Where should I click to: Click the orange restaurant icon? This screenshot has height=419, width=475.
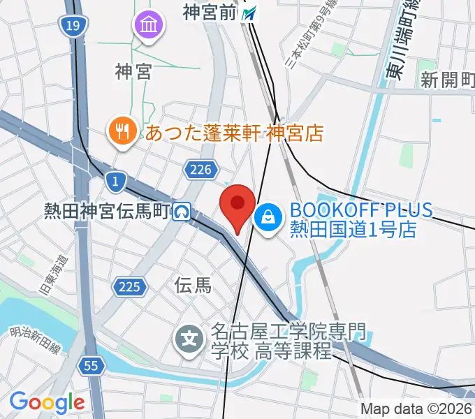pos(123,131)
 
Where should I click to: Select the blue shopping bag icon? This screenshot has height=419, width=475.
pos(268,218)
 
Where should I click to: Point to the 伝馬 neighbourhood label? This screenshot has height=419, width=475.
pos(193,284)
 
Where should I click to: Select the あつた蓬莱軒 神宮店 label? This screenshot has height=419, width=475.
pos(234,133)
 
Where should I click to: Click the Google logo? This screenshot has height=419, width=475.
pos(47,402)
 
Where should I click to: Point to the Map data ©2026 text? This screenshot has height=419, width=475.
pos(416,409)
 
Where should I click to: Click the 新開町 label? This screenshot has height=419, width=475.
pos(447,80)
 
